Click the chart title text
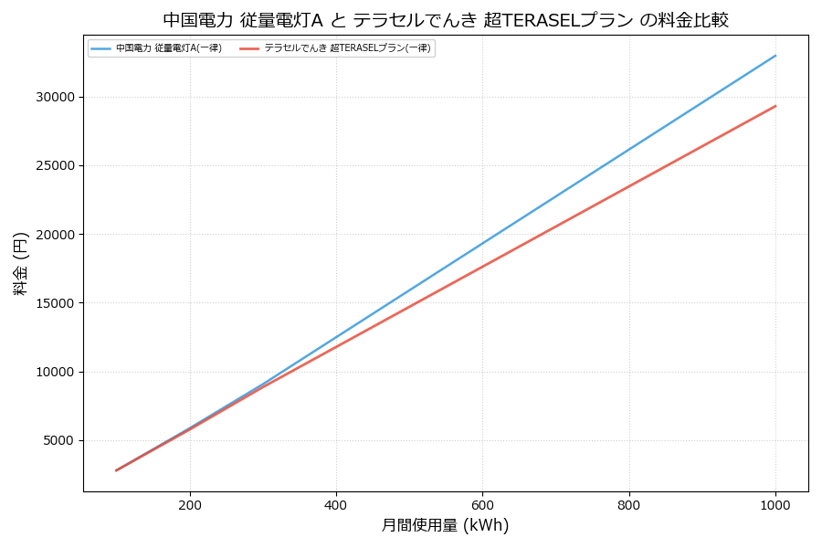446,20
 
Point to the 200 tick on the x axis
190,504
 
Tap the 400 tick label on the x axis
336,504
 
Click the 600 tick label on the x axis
482,504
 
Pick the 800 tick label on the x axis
629,504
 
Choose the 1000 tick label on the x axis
775,504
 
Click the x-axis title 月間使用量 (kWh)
445,526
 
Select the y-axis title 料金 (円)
20,263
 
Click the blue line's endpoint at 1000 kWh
775,56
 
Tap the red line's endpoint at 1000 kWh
775,106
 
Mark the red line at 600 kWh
482,267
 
